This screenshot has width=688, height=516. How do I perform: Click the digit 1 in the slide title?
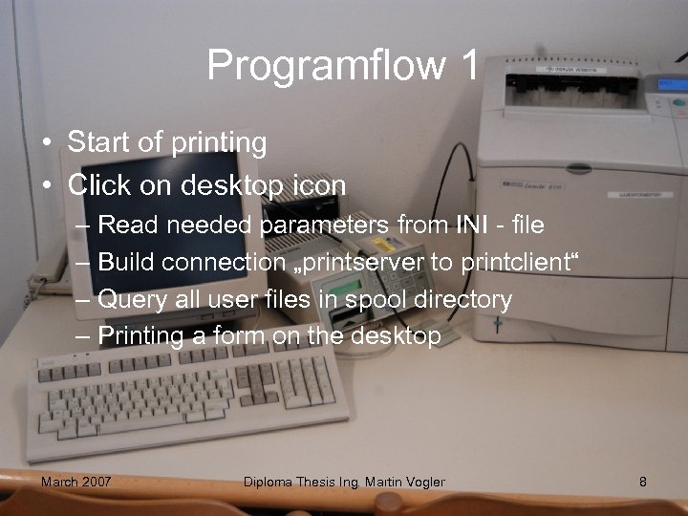click(468, 65)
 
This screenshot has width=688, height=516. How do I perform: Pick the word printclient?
click(520, 263)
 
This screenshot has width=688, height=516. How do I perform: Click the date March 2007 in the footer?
click(75, 482)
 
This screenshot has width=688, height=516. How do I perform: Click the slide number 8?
click(643, 482)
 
